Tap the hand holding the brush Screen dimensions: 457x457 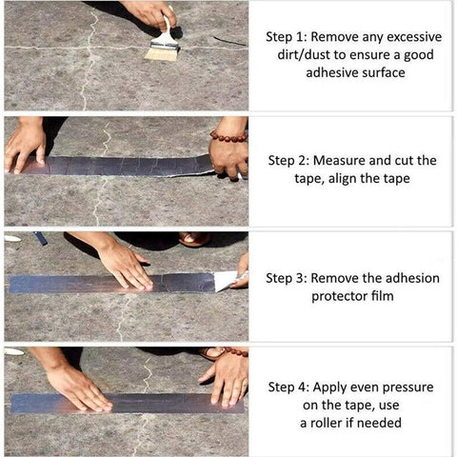point(152,13)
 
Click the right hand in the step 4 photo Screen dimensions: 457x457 point(226,377)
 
